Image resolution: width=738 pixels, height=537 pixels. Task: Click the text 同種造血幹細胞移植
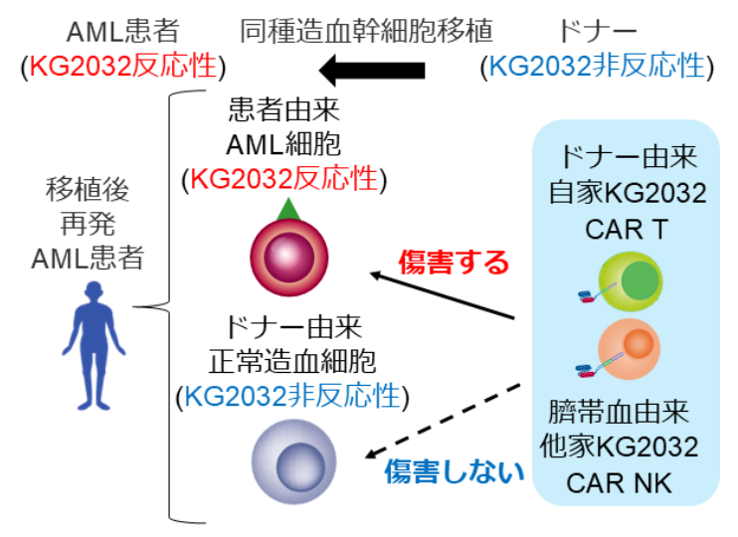[x=367, y=32]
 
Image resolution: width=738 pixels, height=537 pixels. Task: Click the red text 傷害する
[x=454, y=262]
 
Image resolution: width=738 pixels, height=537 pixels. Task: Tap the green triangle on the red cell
[x=288, y=210]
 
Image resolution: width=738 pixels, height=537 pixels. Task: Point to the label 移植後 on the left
[x=88, y=189]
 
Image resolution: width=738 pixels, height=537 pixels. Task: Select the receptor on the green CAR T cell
[x=591, y=296]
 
